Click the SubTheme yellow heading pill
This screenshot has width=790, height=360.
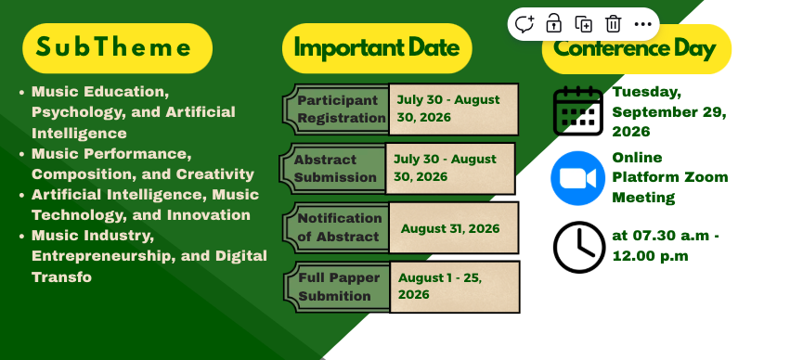[117, 48]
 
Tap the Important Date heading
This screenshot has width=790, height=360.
[377, 48]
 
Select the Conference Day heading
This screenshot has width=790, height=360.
[636, 49]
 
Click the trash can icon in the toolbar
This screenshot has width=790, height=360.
[614, 24]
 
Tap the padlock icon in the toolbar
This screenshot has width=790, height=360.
[553, 23]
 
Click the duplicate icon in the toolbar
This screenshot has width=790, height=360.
[583, 24]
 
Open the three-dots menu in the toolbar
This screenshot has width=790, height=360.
[643, 24]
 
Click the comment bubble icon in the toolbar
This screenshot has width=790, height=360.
[524, 24]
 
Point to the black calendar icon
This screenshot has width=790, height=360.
[578, 110]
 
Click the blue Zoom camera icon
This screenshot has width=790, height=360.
[578, 178]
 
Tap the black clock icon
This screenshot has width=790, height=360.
[579, 247]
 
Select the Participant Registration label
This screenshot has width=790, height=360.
[341, 109]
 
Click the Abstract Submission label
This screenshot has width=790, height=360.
[335, 168]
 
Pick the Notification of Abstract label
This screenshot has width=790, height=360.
[340, 227]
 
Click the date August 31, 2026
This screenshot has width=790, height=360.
[450, 228]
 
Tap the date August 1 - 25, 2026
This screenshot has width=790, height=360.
[440, 286]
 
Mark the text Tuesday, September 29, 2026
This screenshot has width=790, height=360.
[669, 111]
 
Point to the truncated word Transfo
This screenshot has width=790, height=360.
[61, 276]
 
